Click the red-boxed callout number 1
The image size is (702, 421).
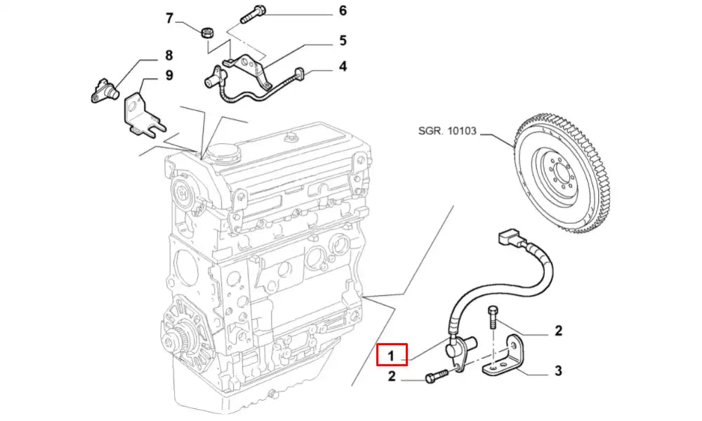point(392,355)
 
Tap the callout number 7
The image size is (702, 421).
point(168,18)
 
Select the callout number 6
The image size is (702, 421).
point(343,11)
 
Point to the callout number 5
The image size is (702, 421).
point(343,40)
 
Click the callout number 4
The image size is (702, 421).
point(343,67)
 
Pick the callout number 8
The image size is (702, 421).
point(168,54)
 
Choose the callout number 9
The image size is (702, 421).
point(168,75)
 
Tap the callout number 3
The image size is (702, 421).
point(558,370)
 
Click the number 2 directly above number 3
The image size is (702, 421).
point(558,330)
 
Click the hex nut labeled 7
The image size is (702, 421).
point(208,32)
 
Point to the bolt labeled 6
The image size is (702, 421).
point(252,11)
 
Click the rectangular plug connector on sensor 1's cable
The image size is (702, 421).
point(508,239)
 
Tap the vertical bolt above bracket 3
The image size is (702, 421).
point(494,320)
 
